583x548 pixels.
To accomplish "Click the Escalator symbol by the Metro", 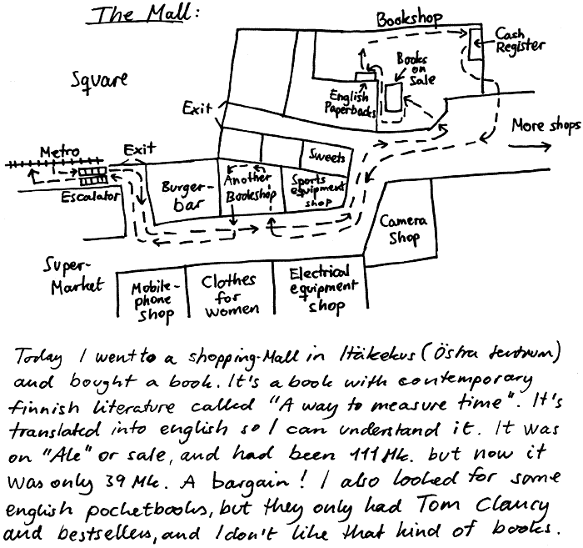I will pyautogui.click(x=92, y=175).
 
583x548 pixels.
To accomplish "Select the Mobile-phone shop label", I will pyautogui.click(x=152, y=300).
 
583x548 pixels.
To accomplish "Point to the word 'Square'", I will pyautogui.click(x=99, y=81).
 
